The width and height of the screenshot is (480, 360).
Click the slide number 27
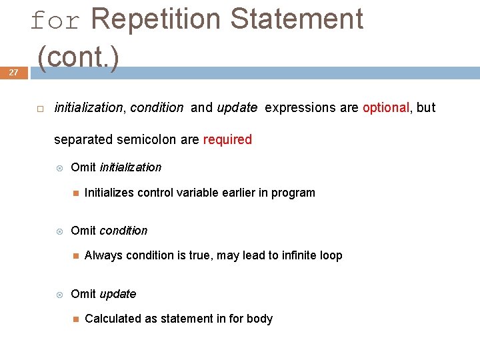click(13, 73)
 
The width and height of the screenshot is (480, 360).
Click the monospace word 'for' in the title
click(55, 21)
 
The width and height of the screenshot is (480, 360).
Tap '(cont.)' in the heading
click(79, 57)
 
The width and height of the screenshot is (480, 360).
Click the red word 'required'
click(227, 140)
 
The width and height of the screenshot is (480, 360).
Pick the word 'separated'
click(83, 140)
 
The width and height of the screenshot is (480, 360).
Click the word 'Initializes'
click(109, 193)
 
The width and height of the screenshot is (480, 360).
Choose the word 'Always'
click(103, 255)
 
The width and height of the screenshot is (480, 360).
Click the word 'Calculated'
click(112, 319)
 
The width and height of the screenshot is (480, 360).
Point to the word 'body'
click(259, 319)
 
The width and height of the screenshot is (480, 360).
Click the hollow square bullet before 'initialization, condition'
click(40, 108)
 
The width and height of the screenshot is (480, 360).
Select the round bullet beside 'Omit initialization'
click(59, 167)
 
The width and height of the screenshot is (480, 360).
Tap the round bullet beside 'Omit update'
click(59, 294)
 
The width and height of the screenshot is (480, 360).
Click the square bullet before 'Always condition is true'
click(75, 256)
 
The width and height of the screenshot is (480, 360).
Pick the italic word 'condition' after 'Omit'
click(123, 231)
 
